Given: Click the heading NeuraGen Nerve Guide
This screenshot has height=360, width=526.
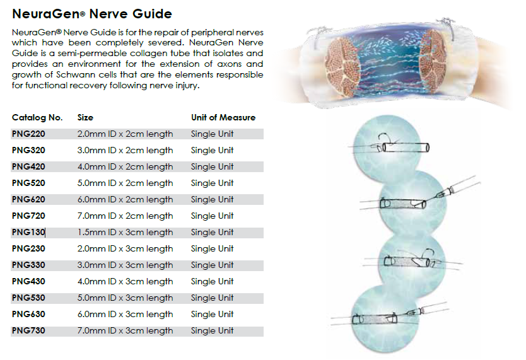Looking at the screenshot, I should pos(91,13).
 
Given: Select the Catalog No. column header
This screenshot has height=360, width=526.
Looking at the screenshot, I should pos(37,117).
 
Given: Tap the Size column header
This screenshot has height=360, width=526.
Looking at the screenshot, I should pos(85,117).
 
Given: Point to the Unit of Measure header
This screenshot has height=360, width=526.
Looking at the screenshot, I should pos(223,117).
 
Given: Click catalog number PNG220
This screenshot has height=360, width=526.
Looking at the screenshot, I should pos(28,134).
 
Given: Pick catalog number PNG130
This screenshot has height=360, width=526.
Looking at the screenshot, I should pos(28,232).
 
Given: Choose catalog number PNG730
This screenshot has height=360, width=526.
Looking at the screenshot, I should pos(28,330).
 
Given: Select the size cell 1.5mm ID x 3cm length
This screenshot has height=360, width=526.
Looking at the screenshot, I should pos(125,232).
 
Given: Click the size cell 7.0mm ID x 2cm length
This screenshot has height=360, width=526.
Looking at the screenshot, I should pos(125,216).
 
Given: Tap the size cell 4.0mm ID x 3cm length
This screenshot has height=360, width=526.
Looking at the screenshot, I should pos(125,281).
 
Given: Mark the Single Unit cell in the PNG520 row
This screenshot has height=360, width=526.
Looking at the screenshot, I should pos(212,183).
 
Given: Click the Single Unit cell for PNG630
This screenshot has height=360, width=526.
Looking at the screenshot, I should pos(212,314).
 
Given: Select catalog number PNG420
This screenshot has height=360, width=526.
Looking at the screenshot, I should pos(28,166).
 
